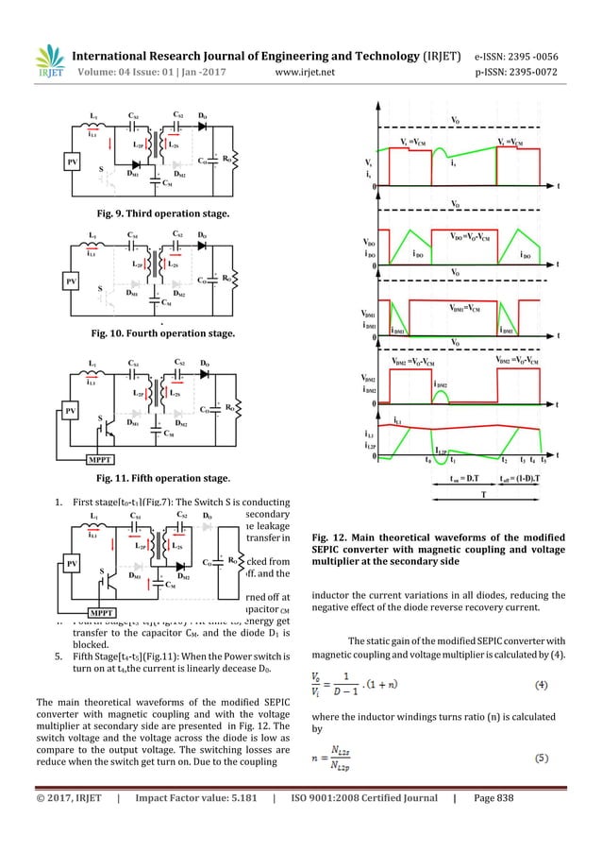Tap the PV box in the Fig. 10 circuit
[x=72, y=280]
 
